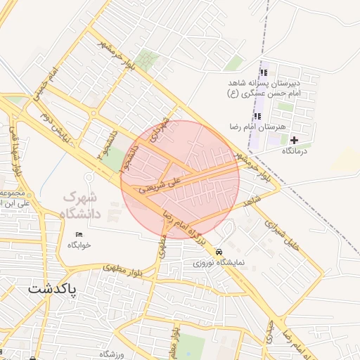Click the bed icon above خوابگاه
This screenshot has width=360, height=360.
coord(79,233)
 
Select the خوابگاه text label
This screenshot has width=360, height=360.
coord(79,245)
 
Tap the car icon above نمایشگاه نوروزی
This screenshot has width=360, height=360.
coord(219,251)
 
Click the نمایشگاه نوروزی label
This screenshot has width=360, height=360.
coord(219,262)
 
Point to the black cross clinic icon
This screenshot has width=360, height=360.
coord(294,141)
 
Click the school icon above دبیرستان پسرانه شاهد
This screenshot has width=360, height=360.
coord(264,72)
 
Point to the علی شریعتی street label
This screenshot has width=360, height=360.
coord(160,184)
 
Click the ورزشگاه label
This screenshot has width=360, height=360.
coord(112,354)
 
